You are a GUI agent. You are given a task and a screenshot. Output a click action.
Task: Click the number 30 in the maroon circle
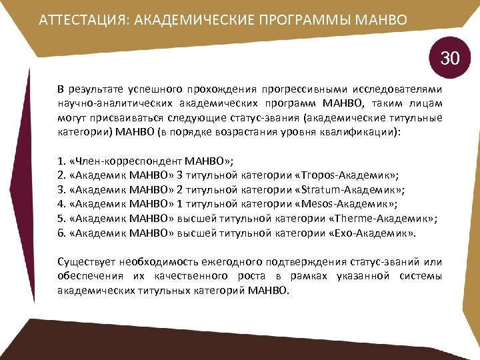(x=450, y=58)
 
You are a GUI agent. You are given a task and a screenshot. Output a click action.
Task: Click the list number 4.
(x=61, y=202)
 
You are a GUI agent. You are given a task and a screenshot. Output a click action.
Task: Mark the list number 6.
(x=61, y=233)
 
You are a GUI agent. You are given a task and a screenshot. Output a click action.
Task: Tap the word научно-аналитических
(x=113, y=103)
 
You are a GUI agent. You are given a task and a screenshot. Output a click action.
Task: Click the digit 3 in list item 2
(x=180, y=175)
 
